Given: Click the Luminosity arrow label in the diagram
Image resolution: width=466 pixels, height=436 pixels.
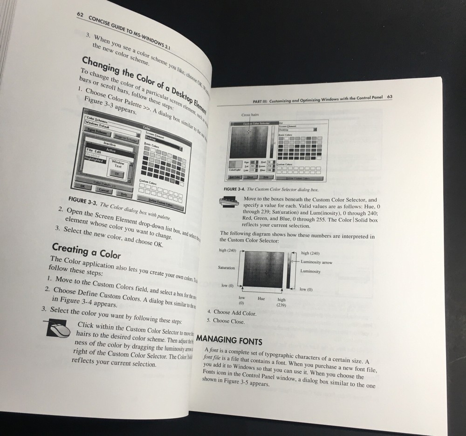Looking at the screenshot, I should tap(317, 262).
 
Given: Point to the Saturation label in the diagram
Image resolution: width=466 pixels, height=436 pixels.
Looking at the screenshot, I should tap(226, 268).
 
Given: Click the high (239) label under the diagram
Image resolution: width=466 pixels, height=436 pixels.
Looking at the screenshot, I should tap(281, 302).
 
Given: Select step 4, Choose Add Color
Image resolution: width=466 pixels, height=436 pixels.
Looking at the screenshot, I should tap(232, 313).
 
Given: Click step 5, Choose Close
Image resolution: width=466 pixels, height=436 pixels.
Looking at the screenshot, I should tap(228, 321).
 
